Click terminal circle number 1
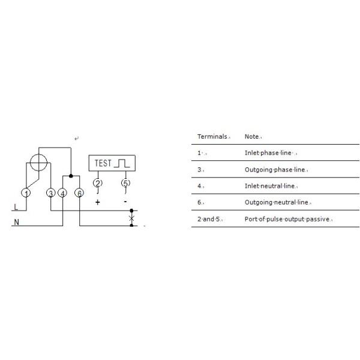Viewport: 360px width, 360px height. (x=26, y=193)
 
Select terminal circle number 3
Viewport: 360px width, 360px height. (x=51, y=193)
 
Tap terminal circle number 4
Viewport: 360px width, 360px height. (x=62, y=193)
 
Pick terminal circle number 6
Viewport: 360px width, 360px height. (x=79, y=193)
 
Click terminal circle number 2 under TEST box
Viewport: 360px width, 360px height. (x=98, y=183)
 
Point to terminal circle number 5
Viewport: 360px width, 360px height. (x=125, y=183)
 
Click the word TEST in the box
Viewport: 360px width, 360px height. (x=103, y=163)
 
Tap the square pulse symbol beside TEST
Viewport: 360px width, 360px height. (x=122, y=163)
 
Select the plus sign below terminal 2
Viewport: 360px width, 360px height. (x=98, y=202)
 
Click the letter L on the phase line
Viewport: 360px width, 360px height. (x=16, y=207)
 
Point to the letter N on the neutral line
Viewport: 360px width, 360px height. (x=17, y=222)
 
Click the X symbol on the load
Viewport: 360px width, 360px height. (x=131, y=218)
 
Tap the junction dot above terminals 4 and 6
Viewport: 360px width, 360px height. (x=71, y=176)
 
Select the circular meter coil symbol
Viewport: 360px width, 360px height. (x=38, y=163)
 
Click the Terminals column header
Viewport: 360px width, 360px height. (x=212, y=136)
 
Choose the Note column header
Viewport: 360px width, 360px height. (x=252, y=136)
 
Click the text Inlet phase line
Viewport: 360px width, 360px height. (x=268, y=153)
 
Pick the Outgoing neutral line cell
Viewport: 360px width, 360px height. (x=277, y=202)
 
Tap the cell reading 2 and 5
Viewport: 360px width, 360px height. (x=208, y=219)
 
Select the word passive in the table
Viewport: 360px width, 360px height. (x=318, y=219)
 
